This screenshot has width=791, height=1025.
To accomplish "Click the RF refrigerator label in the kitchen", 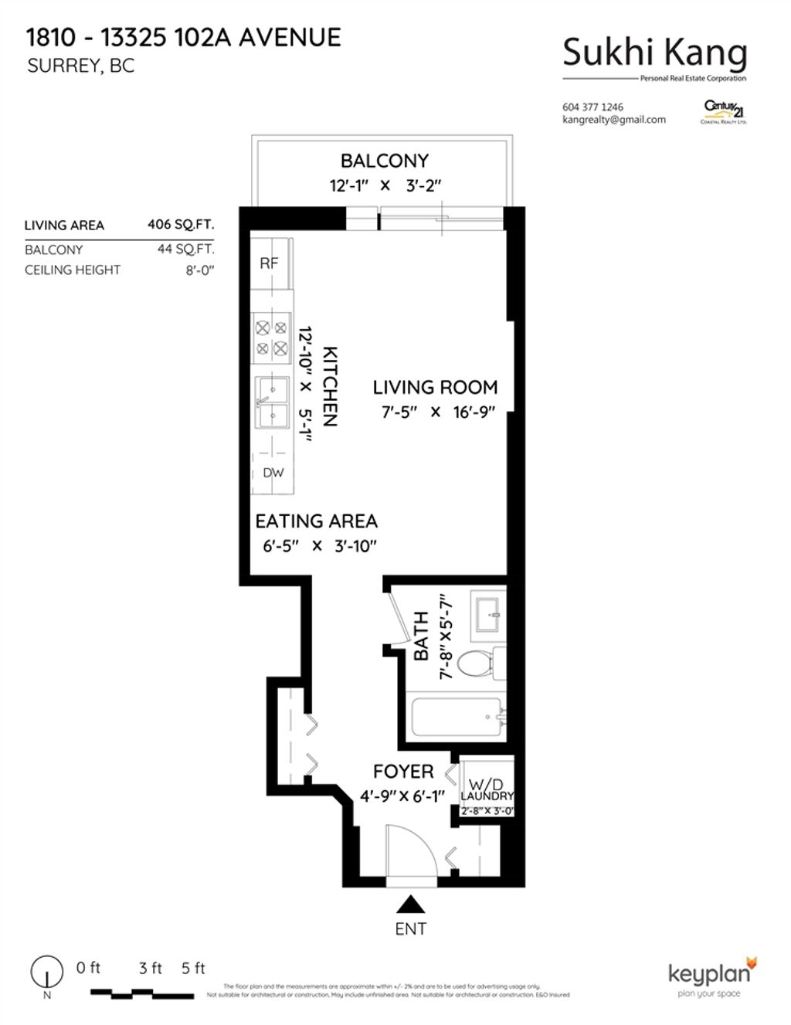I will [x=268, y=263].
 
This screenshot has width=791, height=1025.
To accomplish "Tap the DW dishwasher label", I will [x=273, y=473].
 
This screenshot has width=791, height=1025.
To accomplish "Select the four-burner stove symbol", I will [x=271, y=338].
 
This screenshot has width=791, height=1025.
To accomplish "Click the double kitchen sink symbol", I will [x=272, y=402].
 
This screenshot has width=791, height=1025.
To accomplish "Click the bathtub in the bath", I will [x=457, y=717].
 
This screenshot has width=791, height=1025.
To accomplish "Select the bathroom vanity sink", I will [x=487, y=613].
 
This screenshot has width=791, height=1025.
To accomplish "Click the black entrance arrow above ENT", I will [x=410, y=904].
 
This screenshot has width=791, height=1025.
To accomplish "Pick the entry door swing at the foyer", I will [x=409, y=850].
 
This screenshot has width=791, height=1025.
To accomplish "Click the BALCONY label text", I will [x=384, y=161].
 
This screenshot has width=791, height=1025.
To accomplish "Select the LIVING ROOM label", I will [x=435, y=387].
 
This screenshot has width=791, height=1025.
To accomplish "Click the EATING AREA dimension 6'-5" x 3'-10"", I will [x=318, y=546].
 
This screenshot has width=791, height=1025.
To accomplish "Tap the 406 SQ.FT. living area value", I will [x=181, y=225].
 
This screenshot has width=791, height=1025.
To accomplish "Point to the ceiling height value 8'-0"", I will [x=199, y=270].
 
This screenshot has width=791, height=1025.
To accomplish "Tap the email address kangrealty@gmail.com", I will [x=614, y=120].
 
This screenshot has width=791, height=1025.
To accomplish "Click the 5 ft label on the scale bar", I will [x=193, y=968].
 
